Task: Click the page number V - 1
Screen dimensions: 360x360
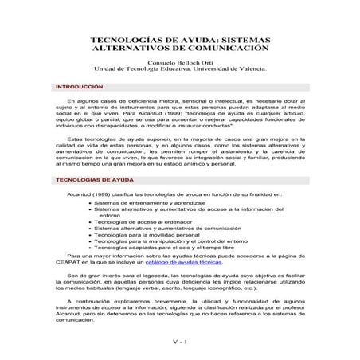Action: (x=179, y=342)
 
